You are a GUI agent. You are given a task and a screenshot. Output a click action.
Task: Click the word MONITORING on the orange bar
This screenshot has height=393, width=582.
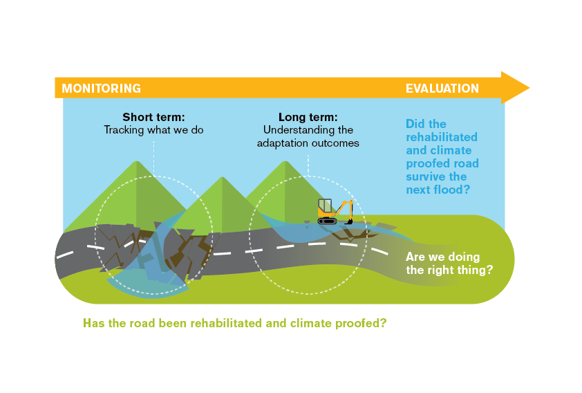pos(102,89)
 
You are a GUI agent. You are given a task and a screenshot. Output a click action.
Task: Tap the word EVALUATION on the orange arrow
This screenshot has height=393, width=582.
pos(442,89)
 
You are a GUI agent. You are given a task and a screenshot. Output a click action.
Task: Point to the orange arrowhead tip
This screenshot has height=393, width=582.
pos(529,88)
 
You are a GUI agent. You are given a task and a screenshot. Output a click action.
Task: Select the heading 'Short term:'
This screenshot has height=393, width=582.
pos(153,117)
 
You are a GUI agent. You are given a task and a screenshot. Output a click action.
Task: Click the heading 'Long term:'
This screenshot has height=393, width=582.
pos(308,117)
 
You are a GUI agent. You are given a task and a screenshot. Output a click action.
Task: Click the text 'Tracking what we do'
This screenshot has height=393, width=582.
pos(153,130)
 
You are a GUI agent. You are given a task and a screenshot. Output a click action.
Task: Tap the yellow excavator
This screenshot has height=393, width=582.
pos(335,212)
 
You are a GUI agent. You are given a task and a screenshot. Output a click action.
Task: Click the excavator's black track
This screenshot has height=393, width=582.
pos(328,221)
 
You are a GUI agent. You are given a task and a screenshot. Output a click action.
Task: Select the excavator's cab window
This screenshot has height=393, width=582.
pos(325,205)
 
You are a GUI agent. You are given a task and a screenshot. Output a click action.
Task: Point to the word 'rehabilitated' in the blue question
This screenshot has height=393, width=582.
pos(442,137)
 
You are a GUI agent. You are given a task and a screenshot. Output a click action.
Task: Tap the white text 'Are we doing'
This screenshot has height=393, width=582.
pos(443,257)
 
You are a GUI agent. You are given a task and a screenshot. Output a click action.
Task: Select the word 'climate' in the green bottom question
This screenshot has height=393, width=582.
pos(311,323)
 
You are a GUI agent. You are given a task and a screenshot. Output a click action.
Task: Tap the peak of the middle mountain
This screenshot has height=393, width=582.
pos(223,177)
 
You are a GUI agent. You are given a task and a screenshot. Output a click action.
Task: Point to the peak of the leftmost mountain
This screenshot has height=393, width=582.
pos(137,161)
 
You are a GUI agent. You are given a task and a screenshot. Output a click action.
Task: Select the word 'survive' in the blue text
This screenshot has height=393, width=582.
pos(425,177)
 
